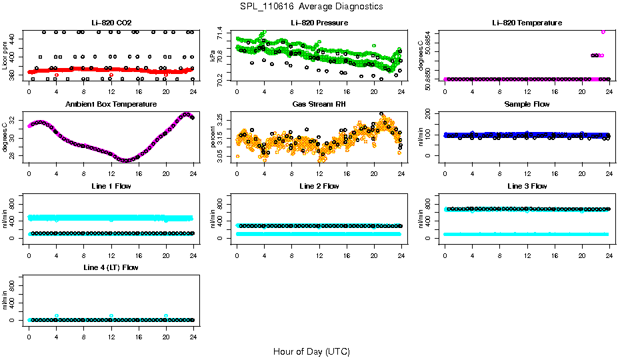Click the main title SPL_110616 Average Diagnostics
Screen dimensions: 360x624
pos(312,6)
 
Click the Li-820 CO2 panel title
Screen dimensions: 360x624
pos(111,23)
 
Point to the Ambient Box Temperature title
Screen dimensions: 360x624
pos(111,104)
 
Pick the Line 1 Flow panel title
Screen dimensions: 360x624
pos(111,185)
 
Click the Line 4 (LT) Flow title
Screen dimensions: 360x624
pos(111,267)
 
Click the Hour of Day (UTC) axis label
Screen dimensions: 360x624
pos(311,351)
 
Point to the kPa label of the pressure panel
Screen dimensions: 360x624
pos(213,56)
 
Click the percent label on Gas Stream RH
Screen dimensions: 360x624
pos(213,137)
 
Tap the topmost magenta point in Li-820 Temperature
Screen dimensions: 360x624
pos(603,31)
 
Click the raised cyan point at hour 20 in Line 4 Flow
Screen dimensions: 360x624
pos(166,316)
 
